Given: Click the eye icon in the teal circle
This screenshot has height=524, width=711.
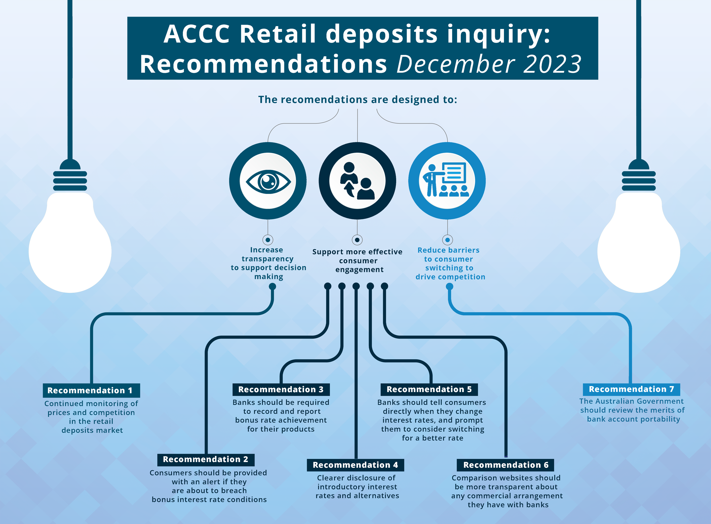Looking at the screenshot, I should [x=268, y=181].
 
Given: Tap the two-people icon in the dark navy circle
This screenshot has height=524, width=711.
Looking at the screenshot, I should [x=357, y=181].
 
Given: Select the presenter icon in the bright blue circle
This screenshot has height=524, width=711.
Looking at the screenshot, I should [x=447, y=180].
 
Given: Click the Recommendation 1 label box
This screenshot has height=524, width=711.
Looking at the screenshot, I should [x=91, y=390].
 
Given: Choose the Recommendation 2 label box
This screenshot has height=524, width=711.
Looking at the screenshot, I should [x=206, y=459].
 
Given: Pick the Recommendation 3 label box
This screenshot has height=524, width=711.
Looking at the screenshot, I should [x=281, y=390].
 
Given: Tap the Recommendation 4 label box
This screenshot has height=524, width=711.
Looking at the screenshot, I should [x=355, y=465].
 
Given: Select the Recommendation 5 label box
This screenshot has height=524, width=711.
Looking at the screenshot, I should [x=429, y=390].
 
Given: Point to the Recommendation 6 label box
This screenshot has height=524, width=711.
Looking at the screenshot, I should [x=505, y=465].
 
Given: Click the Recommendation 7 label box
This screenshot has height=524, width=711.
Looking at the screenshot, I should [x=631, y=389].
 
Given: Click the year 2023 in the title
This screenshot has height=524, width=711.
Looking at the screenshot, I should [x=552, y=64].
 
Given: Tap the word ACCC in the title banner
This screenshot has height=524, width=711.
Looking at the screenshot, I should [x=197, y=34].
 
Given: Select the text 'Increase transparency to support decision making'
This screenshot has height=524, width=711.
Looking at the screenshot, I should [x=268, y=263].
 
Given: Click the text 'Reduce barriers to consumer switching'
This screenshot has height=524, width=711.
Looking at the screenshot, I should [x=449, y=263].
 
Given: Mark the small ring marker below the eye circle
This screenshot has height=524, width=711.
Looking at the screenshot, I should [x=268, y=240].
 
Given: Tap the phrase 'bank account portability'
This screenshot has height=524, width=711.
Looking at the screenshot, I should [x=633, y=419].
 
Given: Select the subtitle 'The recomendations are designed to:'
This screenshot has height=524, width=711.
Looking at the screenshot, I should [x=357, y=100].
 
